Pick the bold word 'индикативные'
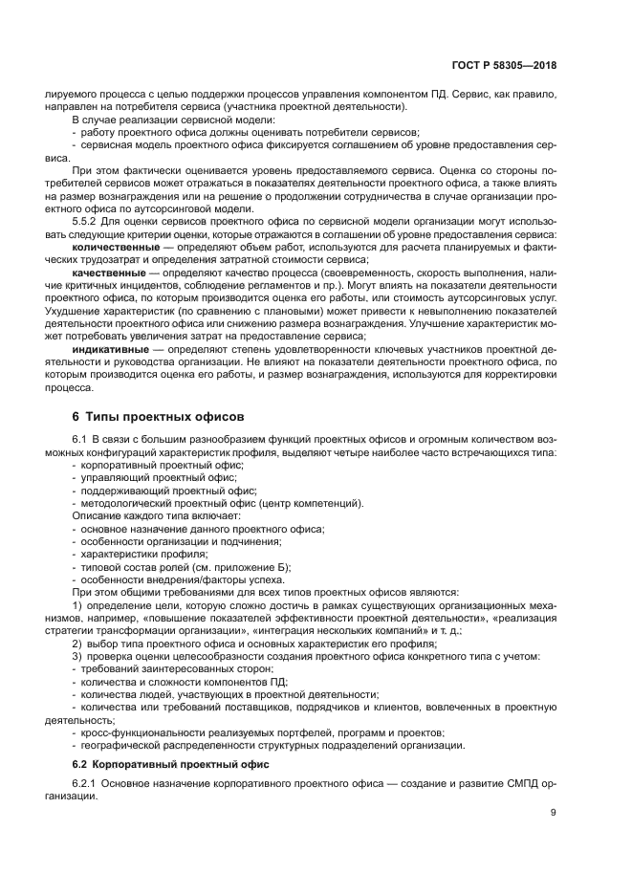pos(110,349)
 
